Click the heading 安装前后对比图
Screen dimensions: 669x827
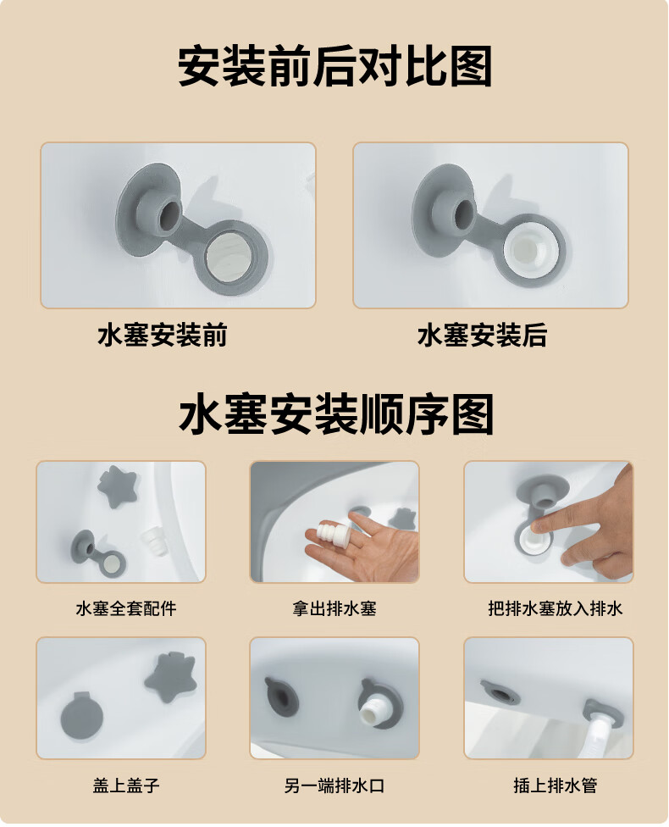(x=334, y=66)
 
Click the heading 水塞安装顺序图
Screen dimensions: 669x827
(x=336, y=414)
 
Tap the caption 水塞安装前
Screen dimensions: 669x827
(x=163, y=336)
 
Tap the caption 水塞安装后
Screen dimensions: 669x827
(x=482, y=336)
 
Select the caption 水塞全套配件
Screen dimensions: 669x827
(x=126, y=608)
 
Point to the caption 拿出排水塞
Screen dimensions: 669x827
(x=334, y=608)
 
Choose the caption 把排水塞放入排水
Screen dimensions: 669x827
(x=556, y=608)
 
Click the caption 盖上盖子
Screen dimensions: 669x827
(x=126, y=785)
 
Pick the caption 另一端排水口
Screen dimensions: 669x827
(x=334, y=785)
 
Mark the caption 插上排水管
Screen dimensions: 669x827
(x=556, y=785)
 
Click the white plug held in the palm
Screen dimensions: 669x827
(x=326, y=536)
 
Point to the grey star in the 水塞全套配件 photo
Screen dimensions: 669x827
(x=117, y=486)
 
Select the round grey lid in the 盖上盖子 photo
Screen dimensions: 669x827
(x=81, y=717)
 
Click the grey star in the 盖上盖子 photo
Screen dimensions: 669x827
(x=171, y=677)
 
